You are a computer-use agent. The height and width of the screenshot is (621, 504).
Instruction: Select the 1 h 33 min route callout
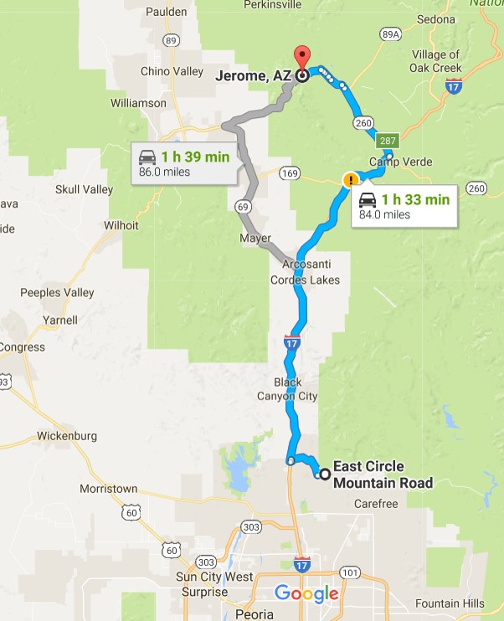coord(404,206)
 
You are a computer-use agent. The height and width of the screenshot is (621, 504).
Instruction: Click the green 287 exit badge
coord(387,140)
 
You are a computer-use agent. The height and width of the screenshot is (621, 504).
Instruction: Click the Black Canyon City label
coord(287,389)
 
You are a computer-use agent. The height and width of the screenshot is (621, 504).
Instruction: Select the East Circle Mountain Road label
coord(383,475)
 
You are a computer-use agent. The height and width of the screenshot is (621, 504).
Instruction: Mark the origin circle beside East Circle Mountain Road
coord(325,475)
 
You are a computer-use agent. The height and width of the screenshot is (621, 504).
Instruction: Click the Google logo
coord(306,594)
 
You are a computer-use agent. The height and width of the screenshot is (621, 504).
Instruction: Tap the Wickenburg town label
coord(67,436)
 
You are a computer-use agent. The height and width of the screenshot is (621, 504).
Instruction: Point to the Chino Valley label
coord(172,71)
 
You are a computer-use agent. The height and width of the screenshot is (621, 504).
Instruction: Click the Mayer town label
coord(255,238)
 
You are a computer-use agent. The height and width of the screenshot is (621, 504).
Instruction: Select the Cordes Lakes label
coord(305,280)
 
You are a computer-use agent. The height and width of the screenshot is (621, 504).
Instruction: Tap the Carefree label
coord(375,504)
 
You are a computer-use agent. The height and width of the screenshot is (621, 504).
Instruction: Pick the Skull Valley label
coord(84,189)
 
